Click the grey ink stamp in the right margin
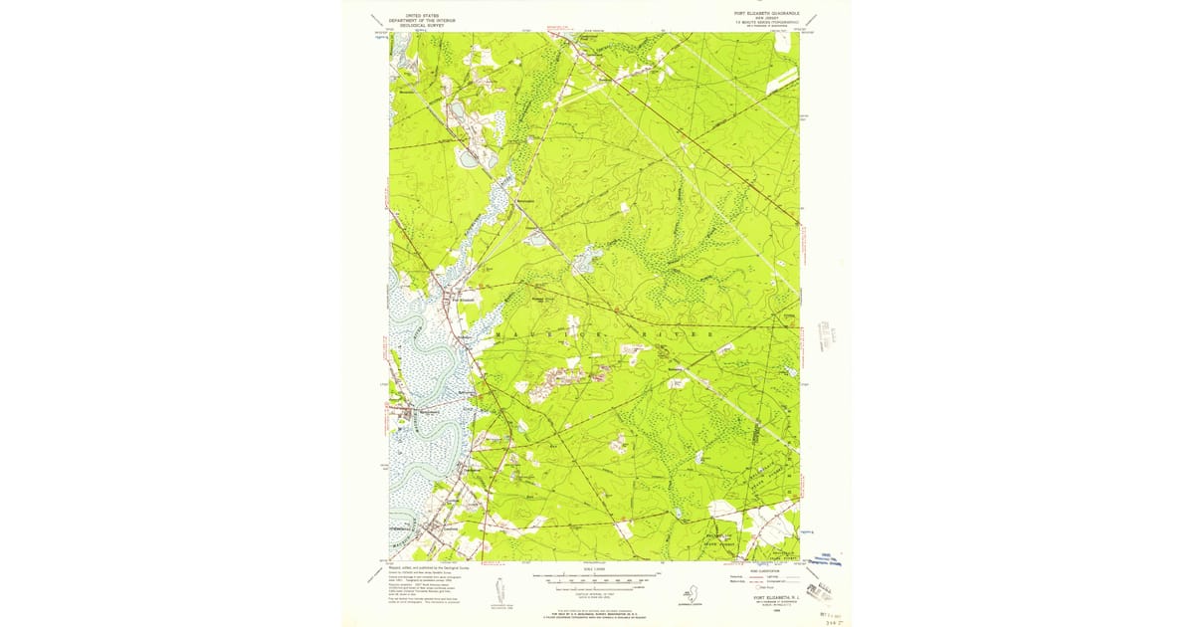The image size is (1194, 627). [827, 334]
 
